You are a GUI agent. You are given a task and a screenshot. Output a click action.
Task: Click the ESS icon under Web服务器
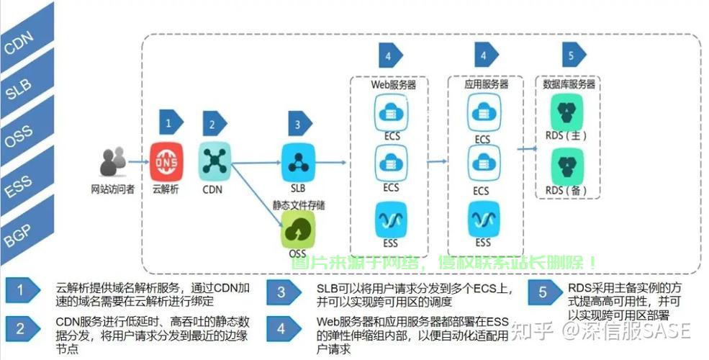point(391,217)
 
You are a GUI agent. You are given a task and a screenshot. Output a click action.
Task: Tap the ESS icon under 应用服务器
point(482,217)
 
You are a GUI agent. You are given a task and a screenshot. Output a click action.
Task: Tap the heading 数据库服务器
point(569,84)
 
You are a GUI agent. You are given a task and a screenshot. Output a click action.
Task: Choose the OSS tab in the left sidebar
point(18,138)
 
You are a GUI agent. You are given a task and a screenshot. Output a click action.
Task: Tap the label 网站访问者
point(113,190)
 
